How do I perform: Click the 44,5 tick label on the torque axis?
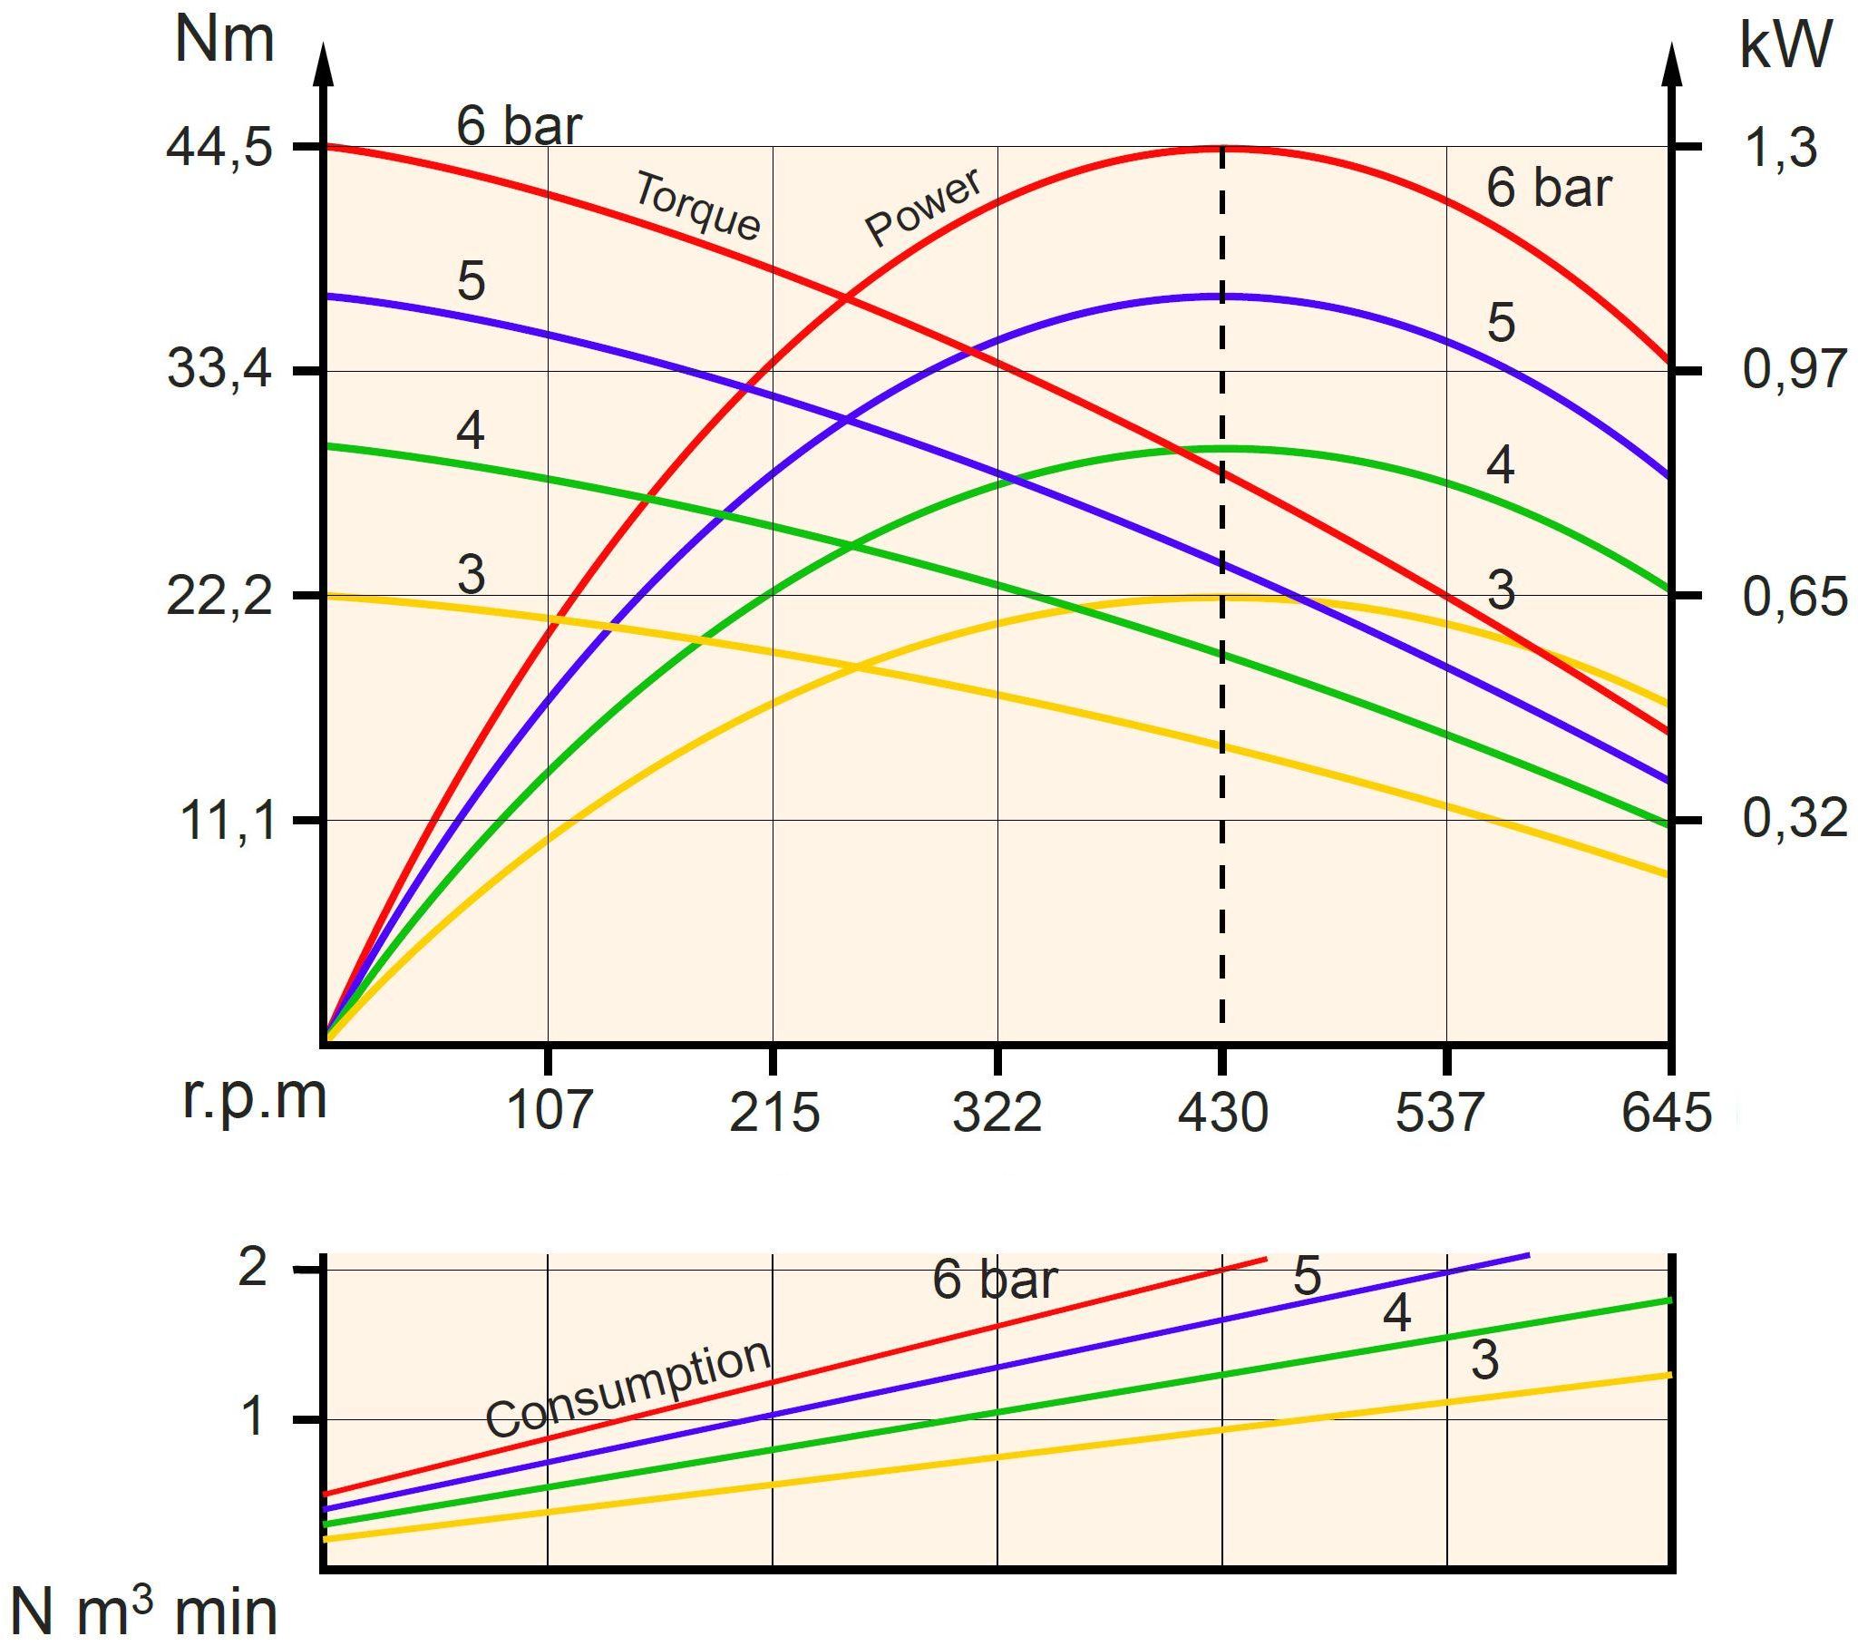pyautogui.click(x=219, y=147)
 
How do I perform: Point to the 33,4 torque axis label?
pyautogui.click(x=219, y=370)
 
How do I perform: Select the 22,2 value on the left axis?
pyautogui.click(x=219, y=597)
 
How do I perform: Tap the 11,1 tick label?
pyautogui.click(x=228, y=821)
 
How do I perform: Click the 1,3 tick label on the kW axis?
pyautogui.click(x=1780, y=147)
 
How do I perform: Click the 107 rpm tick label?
pyautogui.click(x=549, y=1111)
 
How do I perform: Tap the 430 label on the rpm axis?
pyautogui.click(x=1222, y=1111)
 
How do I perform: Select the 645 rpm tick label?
pyautogui.click(x=1665, y=1111)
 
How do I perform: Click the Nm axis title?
pyautogui.click(x=224, y=41)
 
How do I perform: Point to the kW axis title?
pyautogui.click(x=1785, y=45)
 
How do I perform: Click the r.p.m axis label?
pyautogui.click(x=255, y=1097)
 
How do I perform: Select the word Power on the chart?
pyautogui.click(x=922, y=207)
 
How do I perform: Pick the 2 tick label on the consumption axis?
pyautogui.click(x=253, y=1268)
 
